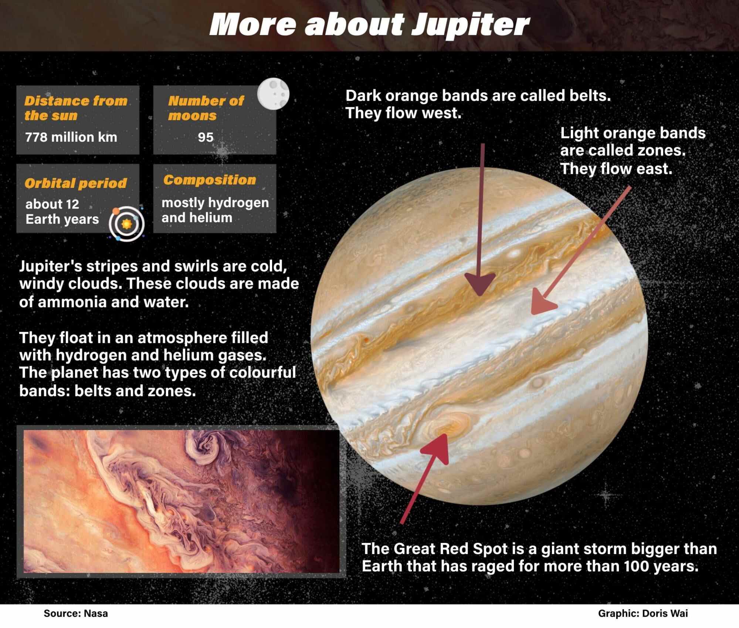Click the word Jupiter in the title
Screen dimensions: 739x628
point(470,25)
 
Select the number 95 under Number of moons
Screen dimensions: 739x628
point(206,137)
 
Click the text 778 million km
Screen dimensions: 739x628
point(71,137)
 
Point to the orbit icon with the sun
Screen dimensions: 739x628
point(126,223)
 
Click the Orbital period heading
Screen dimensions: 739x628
point(75,183)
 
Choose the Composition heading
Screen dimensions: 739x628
point(210,180)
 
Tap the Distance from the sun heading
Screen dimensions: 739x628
point(76,108)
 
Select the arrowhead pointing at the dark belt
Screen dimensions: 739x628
point(480,284)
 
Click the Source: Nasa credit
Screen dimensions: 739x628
point(76,614)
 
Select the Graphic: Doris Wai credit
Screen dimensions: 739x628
point(643,614)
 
